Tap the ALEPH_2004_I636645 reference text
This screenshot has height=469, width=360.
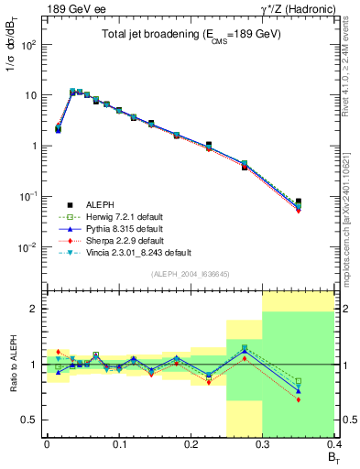point(191,273)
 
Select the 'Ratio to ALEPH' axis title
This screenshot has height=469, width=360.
point(12,364)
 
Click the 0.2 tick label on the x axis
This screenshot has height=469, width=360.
point(191,444)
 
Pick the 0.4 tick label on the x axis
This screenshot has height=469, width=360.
point(334,444)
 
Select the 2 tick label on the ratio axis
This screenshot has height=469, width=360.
point(34,309)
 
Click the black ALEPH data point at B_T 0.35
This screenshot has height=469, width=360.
point(299,202)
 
